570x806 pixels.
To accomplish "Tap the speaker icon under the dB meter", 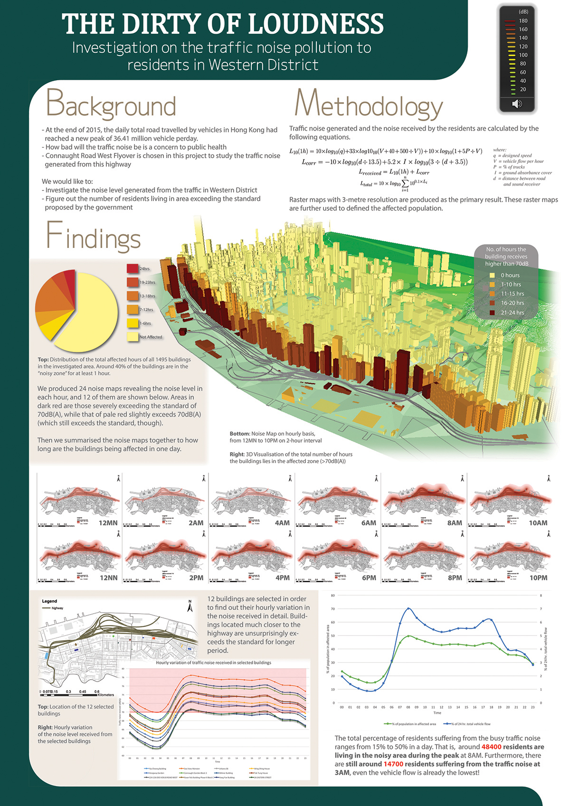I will pyautogui.click(x=517, y=104).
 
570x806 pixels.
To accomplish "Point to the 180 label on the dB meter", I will pyautogui.click(x=523, y=21).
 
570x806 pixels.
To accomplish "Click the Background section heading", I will pyautogui.click(x=111, y=104).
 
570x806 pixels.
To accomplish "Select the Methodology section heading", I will pyautogui.click(x=368, y=104).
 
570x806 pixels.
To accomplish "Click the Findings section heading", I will pyautogui.click(x=94, y=237).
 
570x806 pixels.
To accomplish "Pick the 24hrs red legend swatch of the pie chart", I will pyautogui.click(x=133, y=268).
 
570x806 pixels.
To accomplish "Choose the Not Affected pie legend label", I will pyautogui.click(x=151, y=337).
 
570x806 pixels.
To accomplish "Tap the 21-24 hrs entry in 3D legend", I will pyautogui.click(x=512, y=313).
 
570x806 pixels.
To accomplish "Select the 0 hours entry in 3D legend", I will pyautogui.click(x=510, y=275).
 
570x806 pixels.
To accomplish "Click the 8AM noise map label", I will pyautogui.click(x=454, y=523).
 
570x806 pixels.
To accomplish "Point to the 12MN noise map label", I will pyautogui.click(x=108, y=523).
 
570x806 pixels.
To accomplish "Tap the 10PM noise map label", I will pyautogui.click(x=538, y=578).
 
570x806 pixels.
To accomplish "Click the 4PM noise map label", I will pyautogui.click(x=282, y=578).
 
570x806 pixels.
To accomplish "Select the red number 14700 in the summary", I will pyautogui.click(x=394, y=764).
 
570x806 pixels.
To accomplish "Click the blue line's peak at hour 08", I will pyautogui.click(x=408, y=608).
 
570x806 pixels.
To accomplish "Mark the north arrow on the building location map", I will pyautogui.click(x=190, y=606).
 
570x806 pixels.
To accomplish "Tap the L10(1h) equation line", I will pyautogui.click(x=386, y=152).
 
